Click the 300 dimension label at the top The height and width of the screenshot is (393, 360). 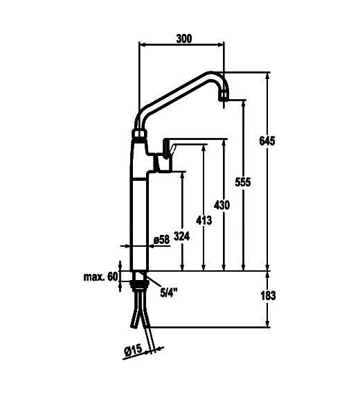[184, 39]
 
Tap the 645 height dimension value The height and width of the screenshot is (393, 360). [267, 141]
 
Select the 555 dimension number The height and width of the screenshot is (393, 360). [243, 182]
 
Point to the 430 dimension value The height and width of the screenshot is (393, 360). [222, 205]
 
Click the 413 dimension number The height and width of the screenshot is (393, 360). [204, 220]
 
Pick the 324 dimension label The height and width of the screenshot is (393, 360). [182, 236]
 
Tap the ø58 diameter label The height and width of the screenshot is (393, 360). [162, 240]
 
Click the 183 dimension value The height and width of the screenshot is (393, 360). [268, 296]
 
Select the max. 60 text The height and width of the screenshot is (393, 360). [100, 277]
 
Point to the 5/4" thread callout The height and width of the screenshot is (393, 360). [169, 292]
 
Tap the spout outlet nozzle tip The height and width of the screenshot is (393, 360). [224, 96]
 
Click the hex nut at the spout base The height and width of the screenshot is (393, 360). [139, 133]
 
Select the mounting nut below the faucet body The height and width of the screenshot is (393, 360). [140, 283]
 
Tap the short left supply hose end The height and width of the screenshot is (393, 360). [133, 326]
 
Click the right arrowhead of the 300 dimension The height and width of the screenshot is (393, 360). [221, 45]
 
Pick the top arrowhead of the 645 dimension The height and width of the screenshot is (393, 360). [267, 76]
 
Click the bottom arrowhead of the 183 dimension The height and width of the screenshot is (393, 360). [267, 324]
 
